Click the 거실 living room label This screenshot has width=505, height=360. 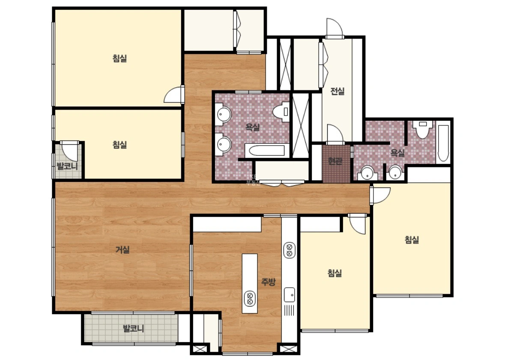pyautogui.click(x=123, y=250)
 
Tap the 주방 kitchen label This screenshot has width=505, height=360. pyautogui.click(x=268, y=282)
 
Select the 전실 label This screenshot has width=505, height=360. pyautogui.click(x=337, y=92)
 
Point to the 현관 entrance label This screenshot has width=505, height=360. pyautogui.click(x=335, y=161)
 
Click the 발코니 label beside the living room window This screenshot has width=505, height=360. pyautogui.click(x=133, y=329)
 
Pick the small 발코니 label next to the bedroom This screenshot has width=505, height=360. pyautogui.click(x=67, y=166)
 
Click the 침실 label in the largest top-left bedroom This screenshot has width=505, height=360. pyautogui.click(x=120, y=58)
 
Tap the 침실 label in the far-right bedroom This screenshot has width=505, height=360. pyautogui.click(x=412, y=240)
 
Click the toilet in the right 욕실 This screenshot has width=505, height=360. pyautogui.click(x=423, y=129)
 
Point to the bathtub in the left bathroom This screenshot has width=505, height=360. pyautogui.click(x=265, y=151)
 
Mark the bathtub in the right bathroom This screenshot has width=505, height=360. pyautogui.click(x=443, y=143)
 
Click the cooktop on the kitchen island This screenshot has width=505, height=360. pyautogui.click(x=250, y=298)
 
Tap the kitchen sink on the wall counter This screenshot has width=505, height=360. pyautogui.click(x=289, y=295)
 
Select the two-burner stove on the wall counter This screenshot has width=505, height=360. pyautogui.click(x=289, y=250)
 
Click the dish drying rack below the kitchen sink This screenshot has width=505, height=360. pyautogui.click(x=289, y=310)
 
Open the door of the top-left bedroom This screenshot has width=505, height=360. pyautogui.click(x=174, y=95)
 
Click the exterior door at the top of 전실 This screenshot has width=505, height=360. pyautogui.click(x=335, y=28)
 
